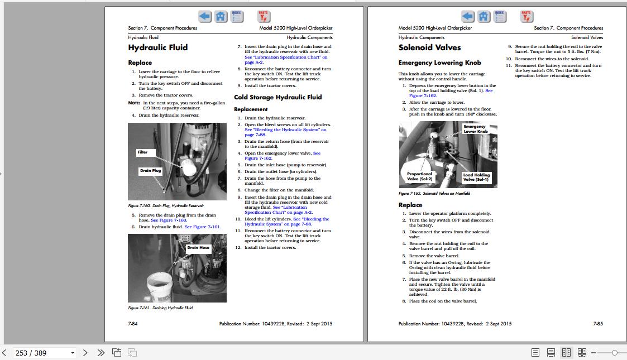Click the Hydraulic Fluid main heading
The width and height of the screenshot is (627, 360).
[x=158, y=48]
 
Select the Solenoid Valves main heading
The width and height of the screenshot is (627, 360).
[x=430, y=48]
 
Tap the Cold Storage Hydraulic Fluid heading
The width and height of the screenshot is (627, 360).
[x=278, y=97]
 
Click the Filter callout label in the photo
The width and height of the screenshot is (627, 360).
[x=143, y=152]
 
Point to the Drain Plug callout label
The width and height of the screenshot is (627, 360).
[x=150, y=171]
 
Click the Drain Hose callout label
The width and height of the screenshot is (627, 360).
[x=198, y=248]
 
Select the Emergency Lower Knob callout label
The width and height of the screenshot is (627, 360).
[x=475, y=129]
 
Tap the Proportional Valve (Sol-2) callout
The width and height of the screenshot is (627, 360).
[x=419, y=176]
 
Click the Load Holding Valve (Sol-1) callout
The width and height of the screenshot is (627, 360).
[x=476, y=177]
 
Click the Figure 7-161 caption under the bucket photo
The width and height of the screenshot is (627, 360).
[x=160, y=308]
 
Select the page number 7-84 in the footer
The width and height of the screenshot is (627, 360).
[x=133, y=324]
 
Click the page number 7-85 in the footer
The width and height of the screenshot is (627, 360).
[x=597, y=324]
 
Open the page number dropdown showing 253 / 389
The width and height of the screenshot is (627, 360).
[x=73, y=353]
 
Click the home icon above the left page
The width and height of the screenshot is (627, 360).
[x=221, y=17]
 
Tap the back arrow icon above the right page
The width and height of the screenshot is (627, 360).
[x=468, y=17]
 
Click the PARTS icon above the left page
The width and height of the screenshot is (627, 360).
[x=264, y=17]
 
